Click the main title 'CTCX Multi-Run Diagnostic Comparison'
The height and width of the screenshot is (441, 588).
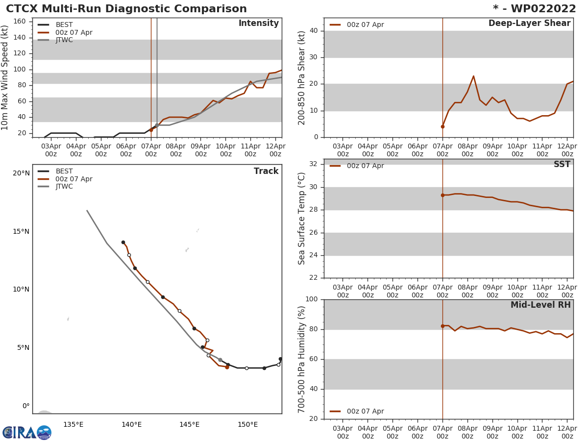click(x=126, y=9)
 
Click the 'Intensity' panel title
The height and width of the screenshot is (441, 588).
click(x=258, y=24)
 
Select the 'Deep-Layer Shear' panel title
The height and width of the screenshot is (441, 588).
click(x=529, y=24)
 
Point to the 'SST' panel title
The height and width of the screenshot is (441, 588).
click(x=562, y=165)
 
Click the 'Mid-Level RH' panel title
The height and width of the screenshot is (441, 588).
click(x=540, y=305)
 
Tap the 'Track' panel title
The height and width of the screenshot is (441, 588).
click(x=266, y=171)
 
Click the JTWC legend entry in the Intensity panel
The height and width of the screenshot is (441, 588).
click(x=64, y=40)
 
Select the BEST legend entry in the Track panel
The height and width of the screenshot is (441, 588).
click(x=64, y=171)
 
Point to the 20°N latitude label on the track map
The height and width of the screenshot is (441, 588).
click(x=21, y=173)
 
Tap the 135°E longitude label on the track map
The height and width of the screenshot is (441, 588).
click(x=73, y=424)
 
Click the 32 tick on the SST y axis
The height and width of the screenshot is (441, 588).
click(x=313, y=164)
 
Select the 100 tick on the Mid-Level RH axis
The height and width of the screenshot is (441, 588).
click(x=311, y=299)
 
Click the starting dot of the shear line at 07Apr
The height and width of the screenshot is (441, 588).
click(x=442, y=126)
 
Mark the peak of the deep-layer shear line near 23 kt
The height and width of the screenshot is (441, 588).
click(x=473, y=76)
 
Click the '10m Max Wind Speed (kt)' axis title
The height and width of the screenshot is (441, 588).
click(x=5, y=77)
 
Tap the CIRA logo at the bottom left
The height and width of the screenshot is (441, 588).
click(x=27, y=433)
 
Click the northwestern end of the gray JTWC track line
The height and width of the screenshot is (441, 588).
click(x=87, y=211)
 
